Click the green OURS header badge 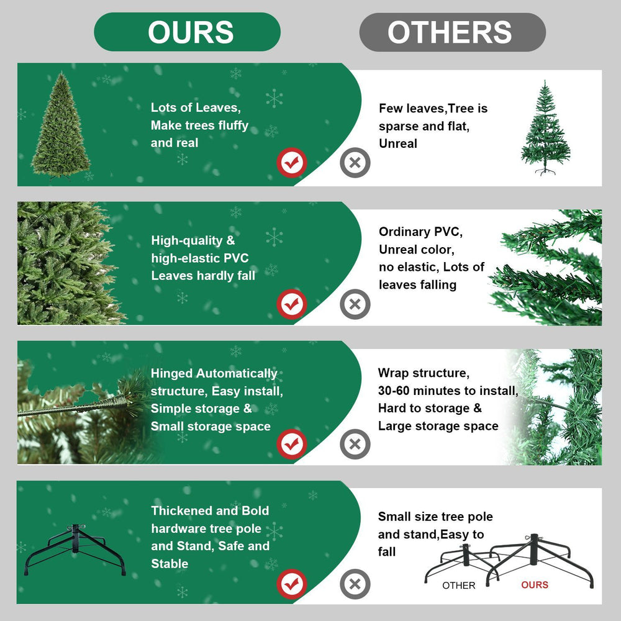coord(187,32)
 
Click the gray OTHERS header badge coord(452,32)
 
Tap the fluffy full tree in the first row coord(61,127)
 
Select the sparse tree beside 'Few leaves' coord(545,128)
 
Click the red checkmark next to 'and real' coord(291,163)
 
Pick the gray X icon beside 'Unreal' coord(355,163)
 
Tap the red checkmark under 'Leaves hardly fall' coord(291,304)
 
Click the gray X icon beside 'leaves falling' coord(355,304)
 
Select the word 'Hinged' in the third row coord(172,373)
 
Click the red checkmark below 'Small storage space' coord(291,444)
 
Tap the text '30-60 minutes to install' coord(447,391)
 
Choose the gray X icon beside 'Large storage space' coord(355,444)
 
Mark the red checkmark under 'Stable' coord(291,584)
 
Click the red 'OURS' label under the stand coord(535,585)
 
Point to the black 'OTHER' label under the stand coord(459,586)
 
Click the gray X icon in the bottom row coord(355,584)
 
